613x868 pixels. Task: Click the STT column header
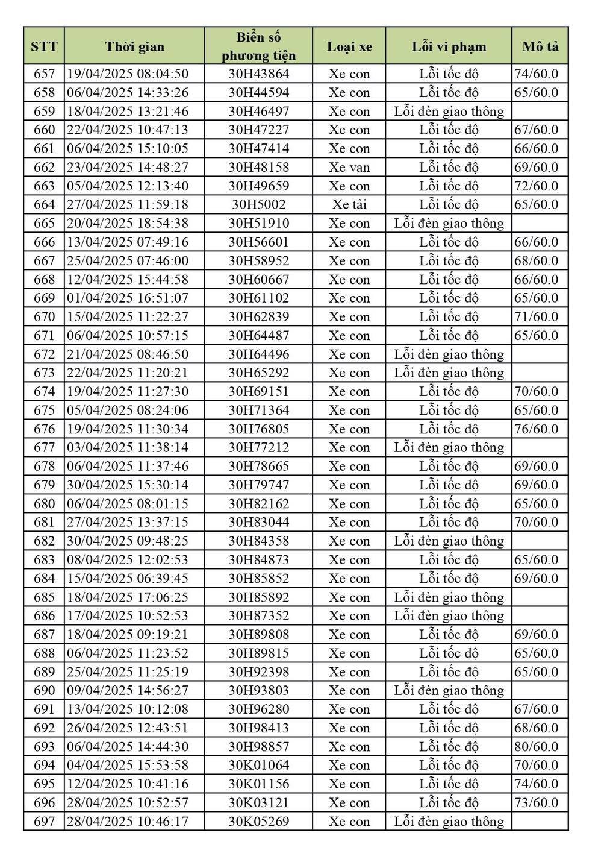point(44,46)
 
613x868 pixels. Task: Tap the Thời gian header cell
point(134,46)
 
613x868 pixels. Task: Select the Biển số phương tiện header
point(258,46)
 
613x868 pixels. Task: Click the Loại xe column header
point(349,46)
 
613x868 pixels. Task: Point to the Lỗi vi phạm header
point(449,46)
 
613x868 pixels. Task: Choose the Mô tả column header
point(540,46)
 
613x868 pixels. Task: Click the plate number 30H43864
point(258,74)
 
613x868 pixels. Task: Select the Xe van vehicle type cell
point(349,168)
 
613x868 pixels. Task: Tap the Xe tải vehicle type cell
point(349,205)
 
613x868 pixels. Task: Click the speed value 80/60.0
point(536,747)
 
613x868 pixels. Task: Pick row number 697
point(44,822)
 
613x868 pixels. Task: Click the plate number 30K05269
point(258,822)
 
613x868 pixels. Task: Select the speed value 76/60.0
point(536,429)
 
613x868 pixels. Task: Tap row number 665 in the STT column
point(44,224)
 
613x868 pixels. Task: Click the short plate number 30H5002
point(258,205)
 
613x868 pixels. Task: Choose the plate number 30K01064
point(258,766)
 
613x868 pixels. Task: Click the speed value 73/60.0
point(536,803)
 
